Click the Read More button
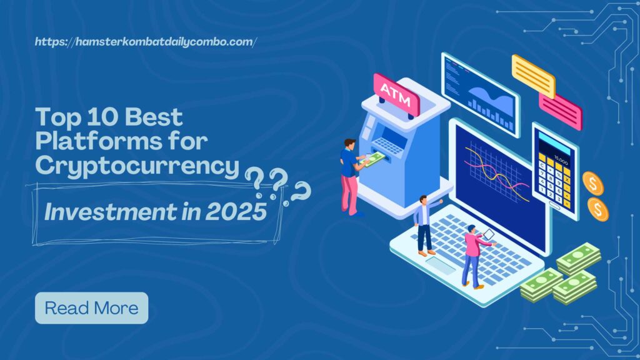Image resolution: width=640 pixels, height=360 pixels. [91, 308]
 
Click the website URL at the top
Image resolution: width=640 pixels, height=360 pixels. [146, 42]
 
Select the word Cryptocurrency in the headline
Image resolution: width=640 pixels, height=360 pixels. [137, 166]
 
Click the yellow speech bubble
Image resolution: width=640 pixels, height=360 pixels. [533, 76]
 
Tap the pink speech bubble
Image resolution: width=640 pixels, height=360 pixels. [560, 111]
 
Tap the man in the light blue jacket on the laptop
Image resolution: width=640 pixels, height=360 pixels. [426, 224]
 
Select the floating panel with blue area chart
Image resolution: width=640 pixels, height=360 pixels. [479, 93]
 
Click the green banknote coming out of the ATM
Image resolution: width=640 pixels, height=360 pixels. [373, 161]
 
